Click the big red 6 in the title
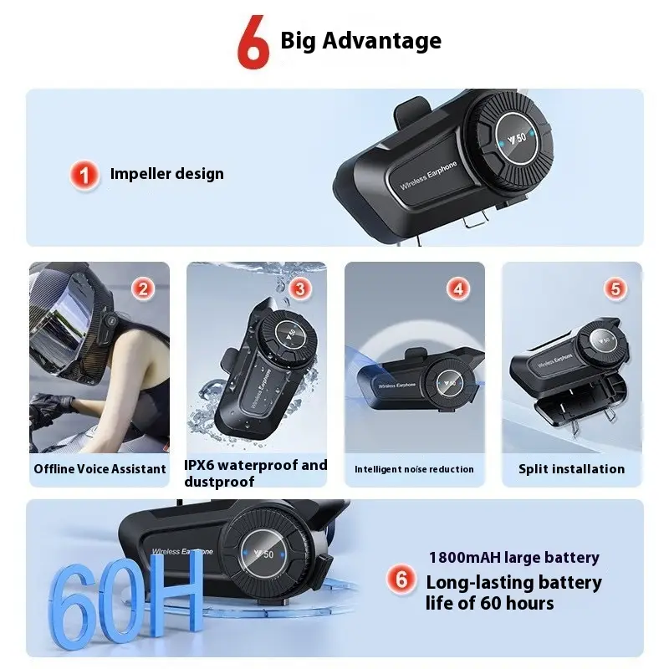point(253,43)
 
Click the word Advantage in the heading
point(382,41)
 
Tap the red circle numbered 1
point(84,175)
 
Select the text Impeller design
point(166,174)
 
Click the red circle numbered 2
point(143,289)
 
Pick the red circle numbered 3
point(300,289)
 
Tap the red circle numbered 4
point(458,289)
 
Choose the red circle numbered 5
point(615,289)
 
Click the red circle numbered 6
point(401,580)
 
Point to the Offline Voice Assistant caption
point(100,469)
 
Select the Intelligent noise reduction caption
point(414,469)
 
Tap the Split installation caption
point(572,469)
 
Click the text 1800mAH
point(464,557)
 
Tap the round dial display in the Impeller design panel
point(518,138)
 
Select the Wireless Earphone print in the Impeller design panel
point(428,175)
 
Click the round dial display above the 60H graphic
point(263,554)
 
